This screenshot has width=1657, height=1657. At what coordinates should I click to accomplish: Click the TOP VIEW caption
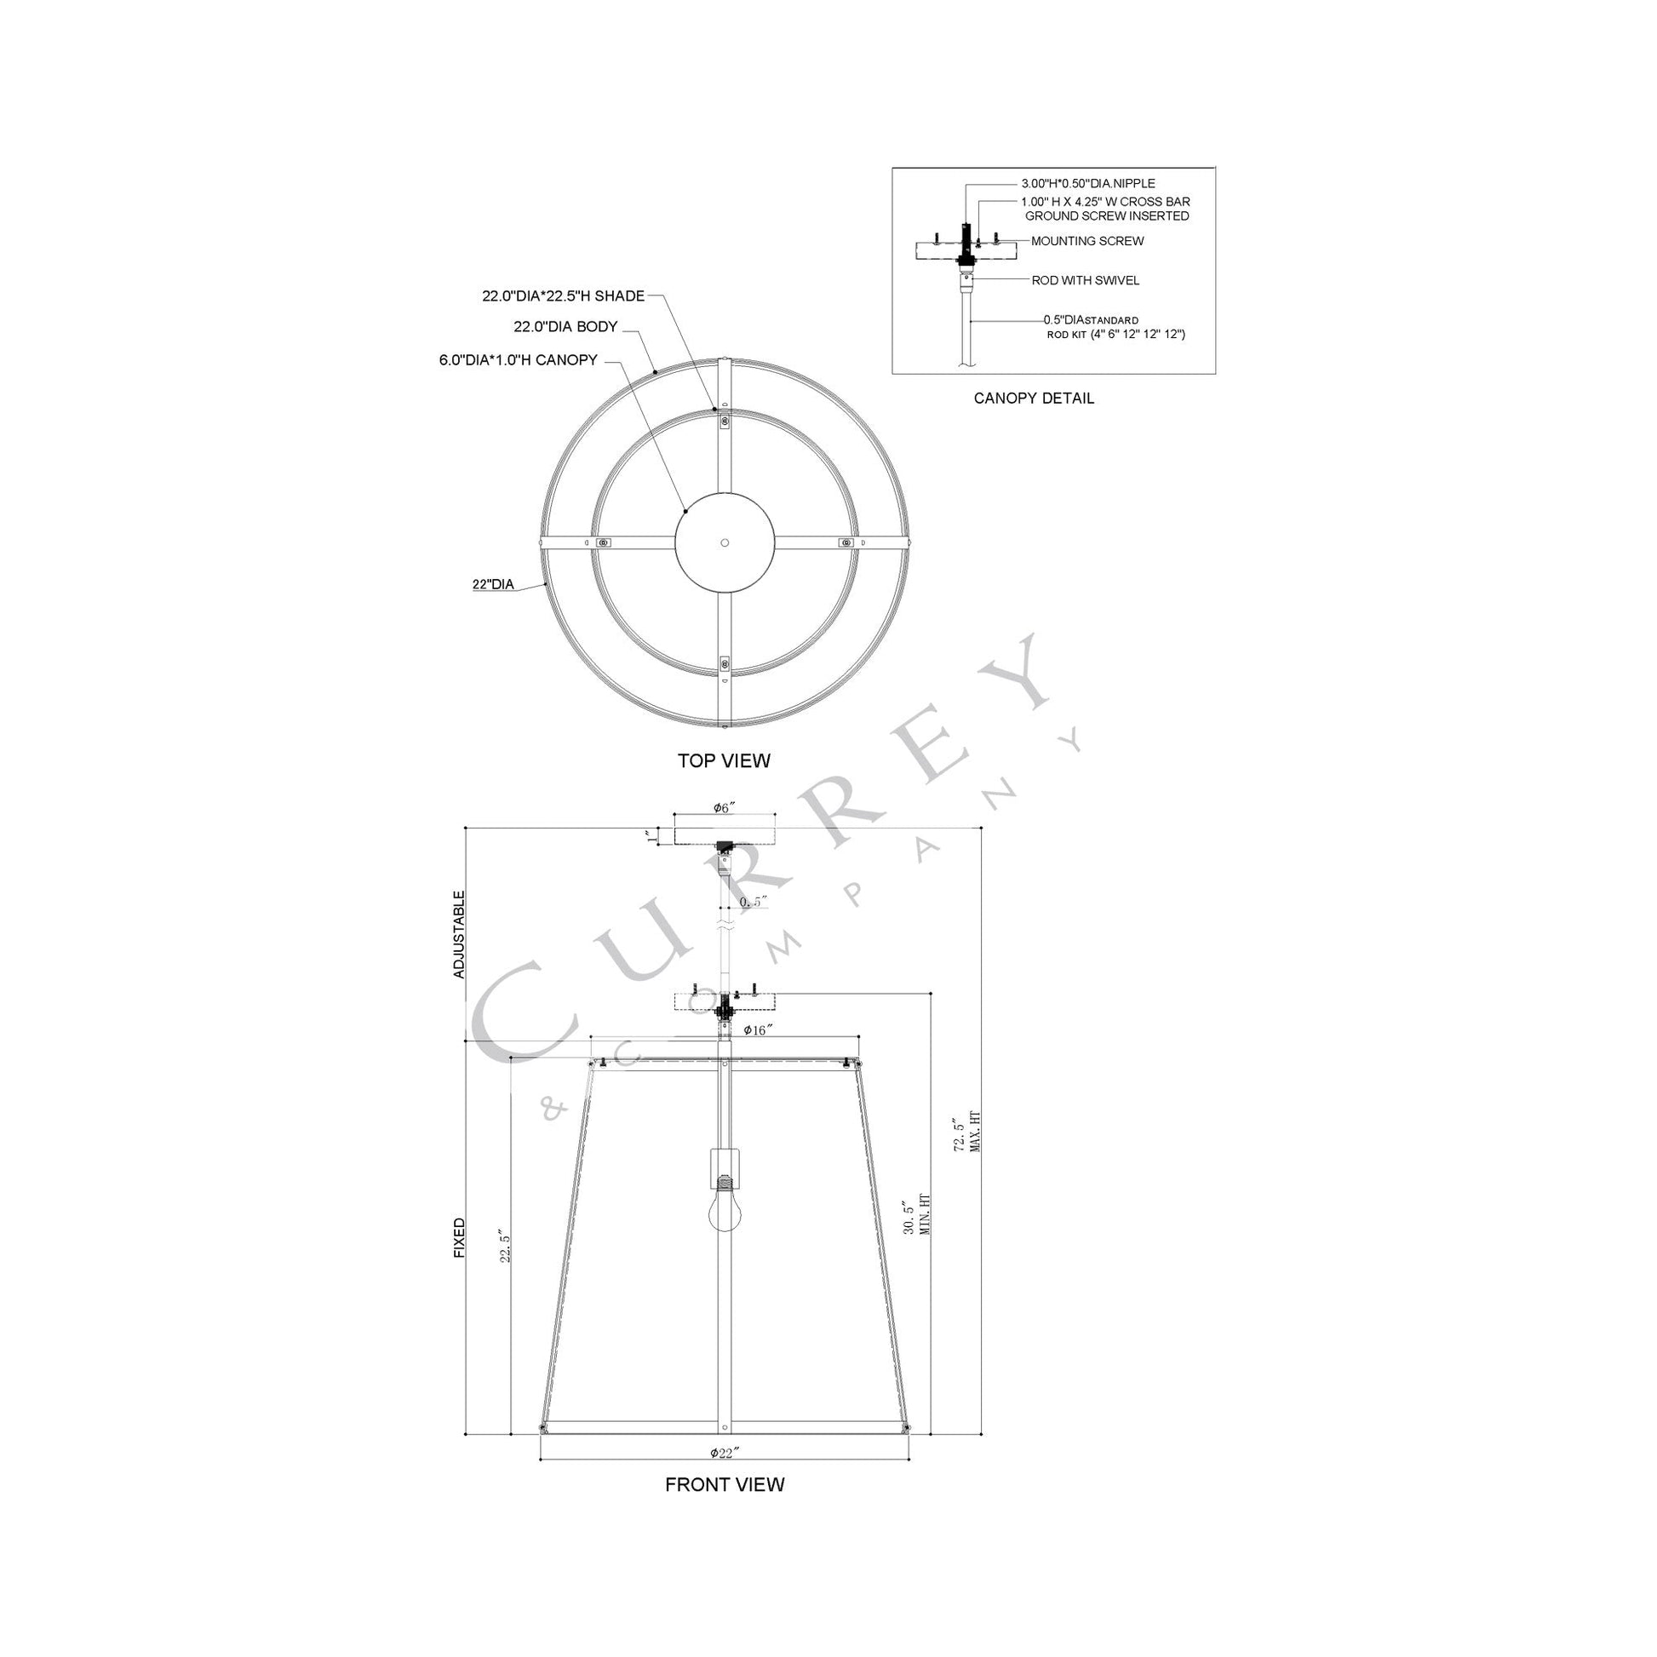tap(724, 760)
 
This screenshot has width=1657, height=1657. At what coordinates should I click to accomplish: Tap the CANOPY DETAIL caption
tap(1034, 398)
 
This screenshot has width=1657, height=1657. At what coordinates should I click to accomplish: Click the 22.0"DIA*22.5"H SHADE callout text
tap(563, 297)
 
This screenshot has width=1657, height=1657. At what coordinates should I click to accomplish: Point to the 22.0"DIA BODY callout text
tap(565, 327)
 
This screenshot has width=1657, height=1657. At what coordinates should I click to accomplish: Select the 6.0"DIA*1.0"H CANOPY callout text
tap(518, 360)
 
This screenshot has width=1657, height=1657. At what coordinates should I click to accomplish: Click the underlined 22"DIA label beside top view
tap(492, 585)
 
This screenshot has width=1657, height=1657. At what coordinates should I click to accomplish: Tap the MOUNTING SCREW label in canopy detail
tap(1087, 241)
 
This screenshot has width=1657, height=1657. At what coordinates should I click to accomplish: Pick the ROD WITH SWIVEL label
tap(1085, 280)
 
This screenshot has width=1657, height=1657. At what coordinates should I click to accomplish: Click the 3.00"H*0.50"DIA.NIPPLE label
tap(1087, 184)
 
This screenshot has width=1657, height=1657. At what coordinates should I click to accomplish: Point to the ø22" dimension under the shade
tap(724, 1453)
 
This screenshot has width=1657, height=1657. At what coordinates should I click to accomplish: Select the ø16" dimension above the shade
tap(754, 1030)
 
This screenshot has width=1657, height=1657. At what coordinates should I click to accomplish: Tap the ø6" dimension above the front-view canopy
tap(724, 808)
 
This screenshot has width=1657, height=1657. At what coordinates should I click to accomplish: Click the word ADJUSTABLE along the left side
tap(460, 935)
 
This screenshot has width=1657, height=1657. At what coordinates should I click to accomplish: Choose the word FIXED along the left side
tap(460, 1237)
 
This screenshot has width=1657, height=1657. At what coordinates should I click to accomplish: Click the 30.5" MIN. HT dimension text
tap(916, 1228)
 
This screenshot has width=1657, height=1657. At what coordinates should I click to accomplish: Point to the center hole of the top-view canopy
tap(725, 543)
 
